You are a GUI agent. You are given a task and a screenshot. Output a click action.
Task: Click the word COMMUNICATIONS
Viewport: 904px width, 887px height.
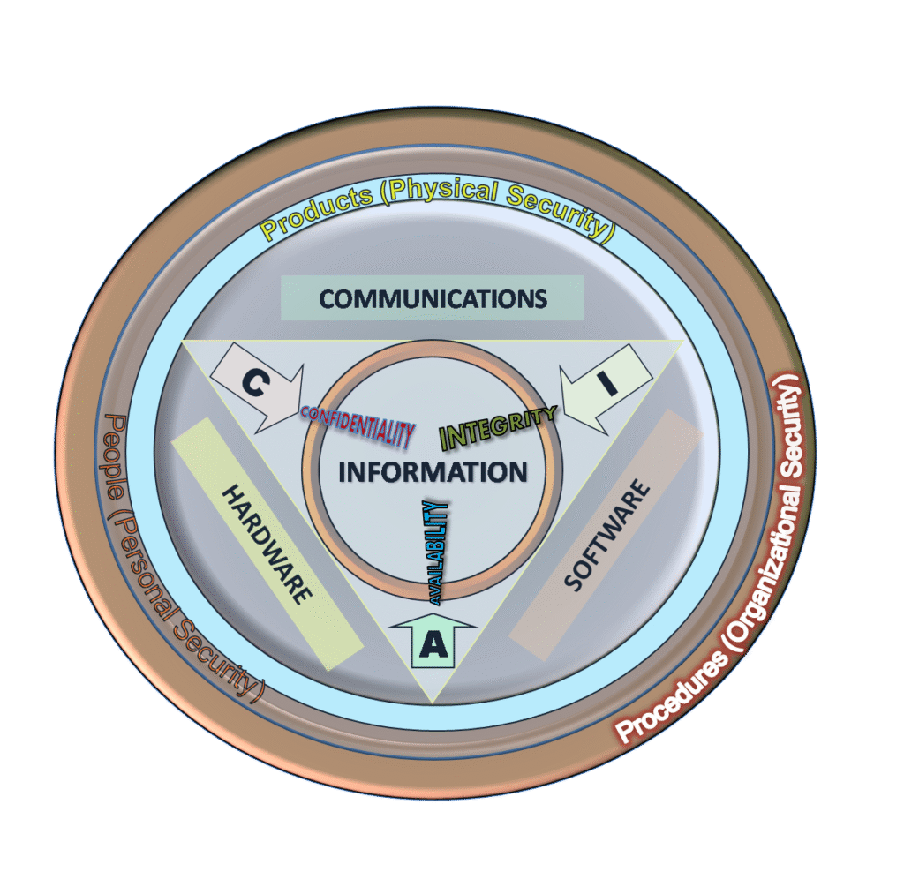(433, 298)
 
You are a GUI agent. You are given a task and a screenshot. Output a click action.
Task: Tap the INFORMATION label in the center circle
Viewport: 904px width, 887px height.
(433, 472)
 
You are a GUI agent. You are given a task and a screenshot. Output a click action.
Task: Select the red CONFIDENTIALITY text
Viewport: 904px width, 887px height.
(358, 426)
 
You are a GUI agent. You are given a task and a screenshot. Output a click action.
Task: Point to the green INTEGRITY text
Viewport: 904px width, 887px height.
(498, 426)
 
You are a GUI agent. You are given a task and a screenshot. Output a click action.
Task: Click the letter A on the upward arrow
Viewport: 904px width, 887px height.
(433, 645)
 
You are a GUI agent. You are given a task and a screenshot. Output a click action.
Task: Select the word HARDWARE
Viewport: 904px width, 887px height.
(267, 545)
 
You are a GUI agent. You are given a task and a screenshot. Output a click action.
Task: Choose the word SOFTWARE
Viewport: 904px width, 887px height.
(607, 535)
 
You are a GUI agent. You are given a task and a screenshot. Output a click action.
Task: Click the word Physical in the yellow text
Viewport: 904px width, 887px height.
(440, 191)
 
